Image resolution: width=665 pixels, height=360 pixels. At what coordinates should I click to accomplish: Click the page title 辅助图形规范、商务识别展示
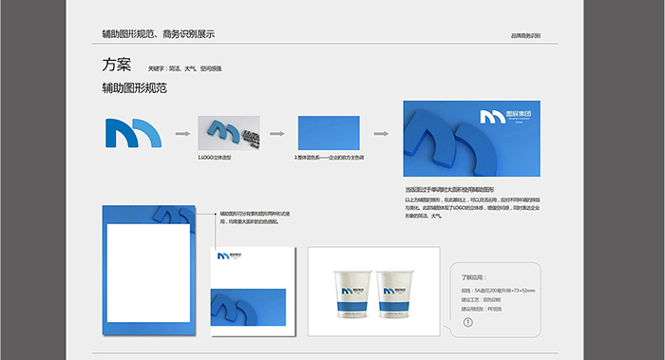[x=158, y=34]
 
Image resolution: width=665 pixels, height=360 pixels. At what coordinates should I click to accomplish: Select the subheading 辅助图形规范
[x=134, y=88]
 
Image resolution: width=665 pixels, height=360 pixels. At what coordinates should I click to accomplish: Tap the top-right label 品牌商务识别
[x=525, y=35]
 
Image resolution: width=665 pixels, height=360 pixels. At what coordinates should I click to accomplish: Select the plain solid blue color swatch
[x=327, y=134]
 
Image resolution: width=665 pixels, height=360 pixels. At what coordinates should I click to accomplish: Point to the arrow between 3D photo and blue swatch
[x=278, y=135]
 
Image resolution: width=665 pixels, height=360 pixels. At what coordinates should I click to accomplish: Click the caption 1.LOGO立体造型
[x=215, y=156]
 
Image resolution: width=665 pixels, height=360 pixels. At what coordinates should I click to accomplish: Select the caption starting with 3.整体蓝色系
[x=330, y=157]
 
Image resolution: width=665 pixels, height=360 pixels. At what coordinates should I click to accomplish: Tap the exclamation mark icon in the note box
[x=467, y=321]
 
